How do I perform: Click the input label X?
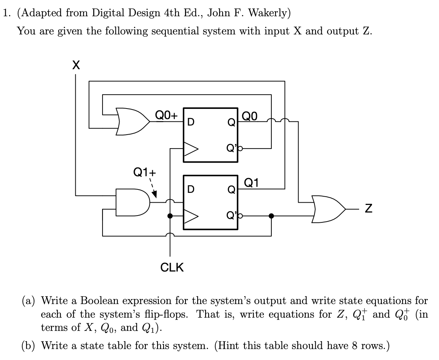pos(75,66)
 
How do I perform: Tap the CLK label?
pos(172,268)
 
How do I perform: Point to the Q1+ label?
pos(144,172)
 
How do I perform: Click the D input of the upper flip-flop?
pos(191,122)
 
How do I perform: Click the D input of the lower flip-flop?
pos(191,189)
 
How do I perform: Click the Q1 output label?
pos(252,183)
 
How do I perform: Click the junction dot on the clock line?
pos(170,216)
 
